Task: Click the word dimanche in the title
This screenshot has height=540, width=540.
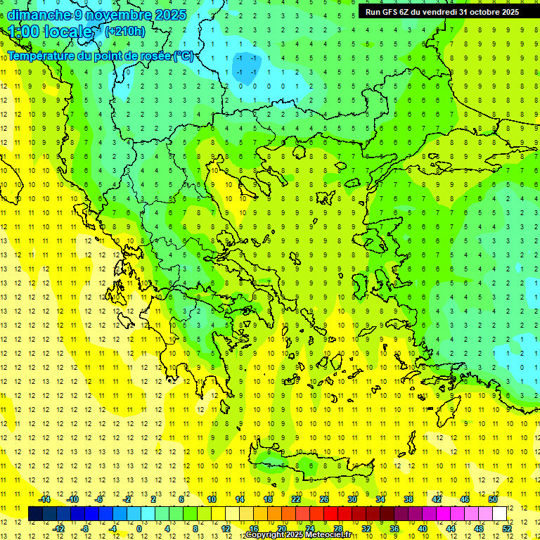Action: click(x=39, y=15)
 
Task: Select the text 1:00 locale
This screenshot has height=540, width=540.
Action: click(x=51, y=32)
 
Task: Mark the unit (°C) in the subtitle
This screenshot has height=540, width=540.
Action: click(x=184, y=56)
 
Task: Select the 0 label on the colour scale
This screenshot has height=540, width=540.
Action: click(x=139, y=529)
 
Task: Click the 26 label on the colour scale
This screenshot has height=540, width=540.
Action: click(x=324, y=499)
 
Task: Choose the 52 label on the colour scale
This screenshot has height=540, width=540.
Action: click(x=507, y=529)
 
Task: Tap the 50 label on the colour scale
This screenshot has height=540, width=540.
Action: click(x=493, y=499)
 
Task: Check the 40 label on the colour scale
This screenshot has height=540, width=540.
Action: click(x=423, y=529)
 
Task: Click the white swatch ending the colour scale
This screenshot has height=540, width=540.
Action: click(x=499, y=514)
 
